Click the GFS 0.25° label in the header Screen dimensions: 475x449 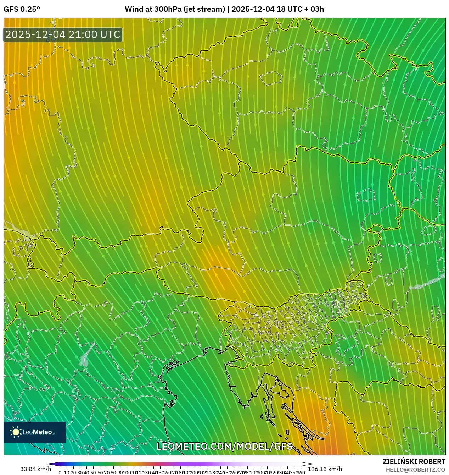click(x=22, y=9)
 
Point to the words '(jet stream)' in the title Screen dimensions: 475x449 click(x=204, y=9)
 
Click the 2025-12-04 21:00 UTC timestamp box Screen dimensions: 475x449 click(x=63, y=34)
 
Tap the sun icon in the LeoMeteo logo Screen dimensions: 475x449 click(x=16, y=432)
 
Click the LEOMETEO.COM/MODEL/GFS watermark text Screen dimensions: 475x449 click(x=224, y=446)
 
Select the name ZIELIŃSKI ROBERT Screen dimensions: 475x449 click(x=414, y=462)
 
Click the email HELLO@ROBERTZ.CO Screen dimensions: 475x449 click(x=415, y=470)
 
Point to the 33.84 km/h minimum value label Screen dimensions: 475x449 click(x=35, y=469)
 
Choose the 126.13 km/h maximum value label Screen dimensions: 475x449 click(x=325, y=469)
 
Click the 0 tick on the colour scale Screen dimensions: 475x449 click(x=60, y=473)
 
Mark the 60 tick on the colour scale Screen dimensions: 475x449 click(x=100, y=473)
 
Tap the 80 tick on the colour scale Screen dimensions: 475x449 click(x=114, y=473)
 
